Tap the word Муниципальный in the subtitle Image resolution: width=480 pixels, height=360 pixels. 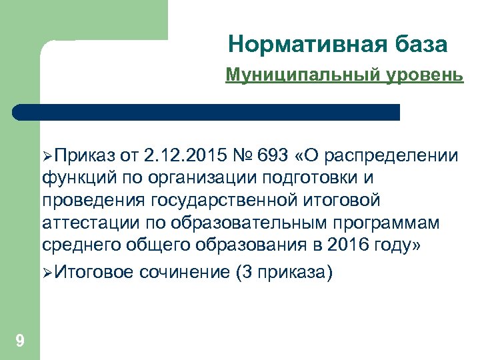click(x=303, y=75)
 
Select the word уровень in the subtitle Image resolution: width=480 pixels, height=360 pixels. click(x=423, y=75)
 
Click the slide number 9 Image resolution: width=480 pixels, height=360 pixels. click(x=20, y=341)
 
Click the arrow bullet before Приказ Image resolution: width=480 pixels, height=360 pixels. click(x=47, y=157)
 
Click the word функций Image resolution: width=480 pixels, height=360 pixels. click(x=73, y=178)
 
